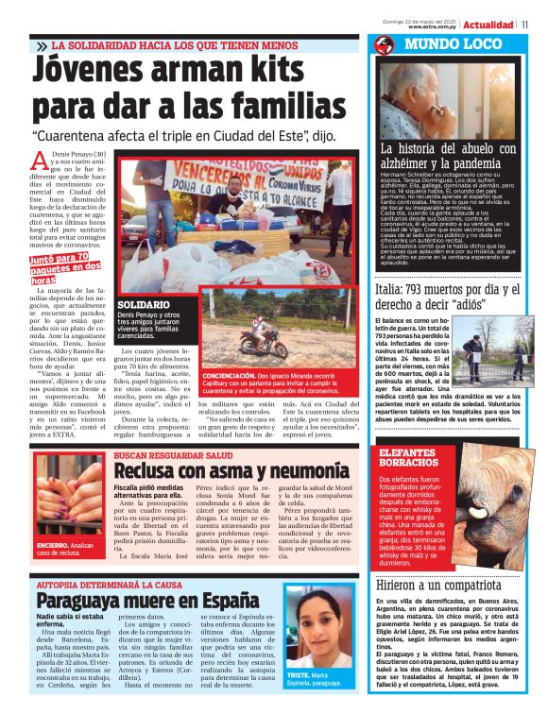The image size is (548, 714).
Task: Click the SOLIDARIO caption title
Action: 144,305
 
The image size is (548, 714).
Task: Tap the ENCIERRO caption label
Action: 52,546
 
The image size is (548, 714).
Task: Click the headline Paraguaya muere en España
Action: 141,600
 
